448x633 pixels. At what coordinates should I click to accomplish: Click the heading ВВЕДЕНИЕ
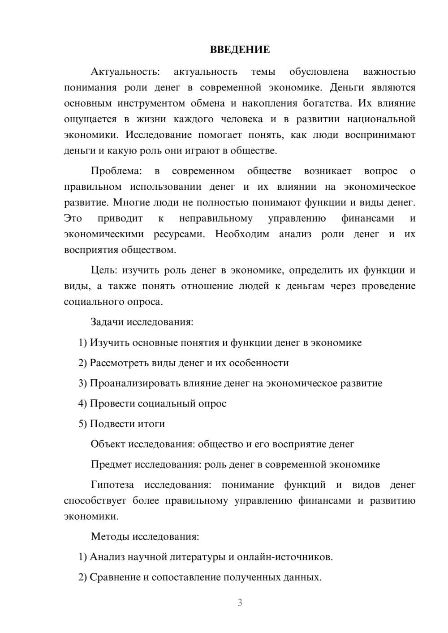tap(240, 50)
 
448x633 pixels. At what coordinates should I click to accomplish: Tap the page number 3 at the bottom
tap(240, 603)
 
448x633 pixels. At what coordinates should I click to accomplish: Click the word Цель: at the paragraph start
tap(104, 270)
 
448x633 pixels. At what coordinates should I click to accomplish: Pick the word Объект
tap(108, 444)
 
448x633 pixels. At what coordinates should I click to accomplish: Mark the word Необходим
tap(242, 234)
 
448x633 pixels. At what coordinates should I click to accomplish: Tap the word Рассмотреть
tap(119, 363)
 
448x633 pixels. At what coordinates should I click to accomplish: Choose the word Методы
tap(108, 537)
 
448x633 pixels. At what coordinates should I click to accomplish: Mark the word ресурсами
tap(179, 234)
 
